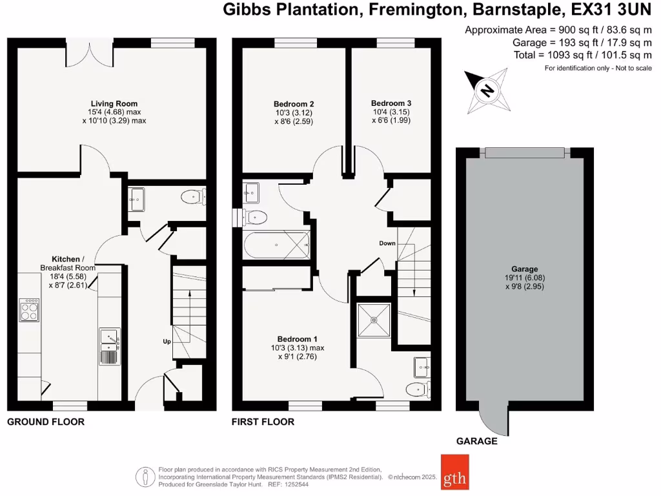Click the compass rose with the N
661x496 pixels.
pos(487,89)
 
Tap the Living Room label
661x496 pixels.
pos(114,103)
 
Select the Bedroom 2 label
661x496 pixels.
pos(294,103)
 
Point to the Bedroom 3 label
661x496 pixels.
pos(391,103)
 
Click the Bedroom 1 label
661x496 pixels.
pos(298,339)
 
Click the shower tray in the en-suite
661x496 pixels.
pos(375,318)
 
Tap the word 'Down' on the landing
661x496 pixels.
pos(388,243)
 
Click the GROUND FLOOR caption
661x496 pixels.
pos(45,422)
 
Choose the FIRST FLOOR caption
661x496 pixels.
pos(263,422)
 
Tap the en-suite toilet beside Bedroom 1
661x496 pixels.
pos(418,389)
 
